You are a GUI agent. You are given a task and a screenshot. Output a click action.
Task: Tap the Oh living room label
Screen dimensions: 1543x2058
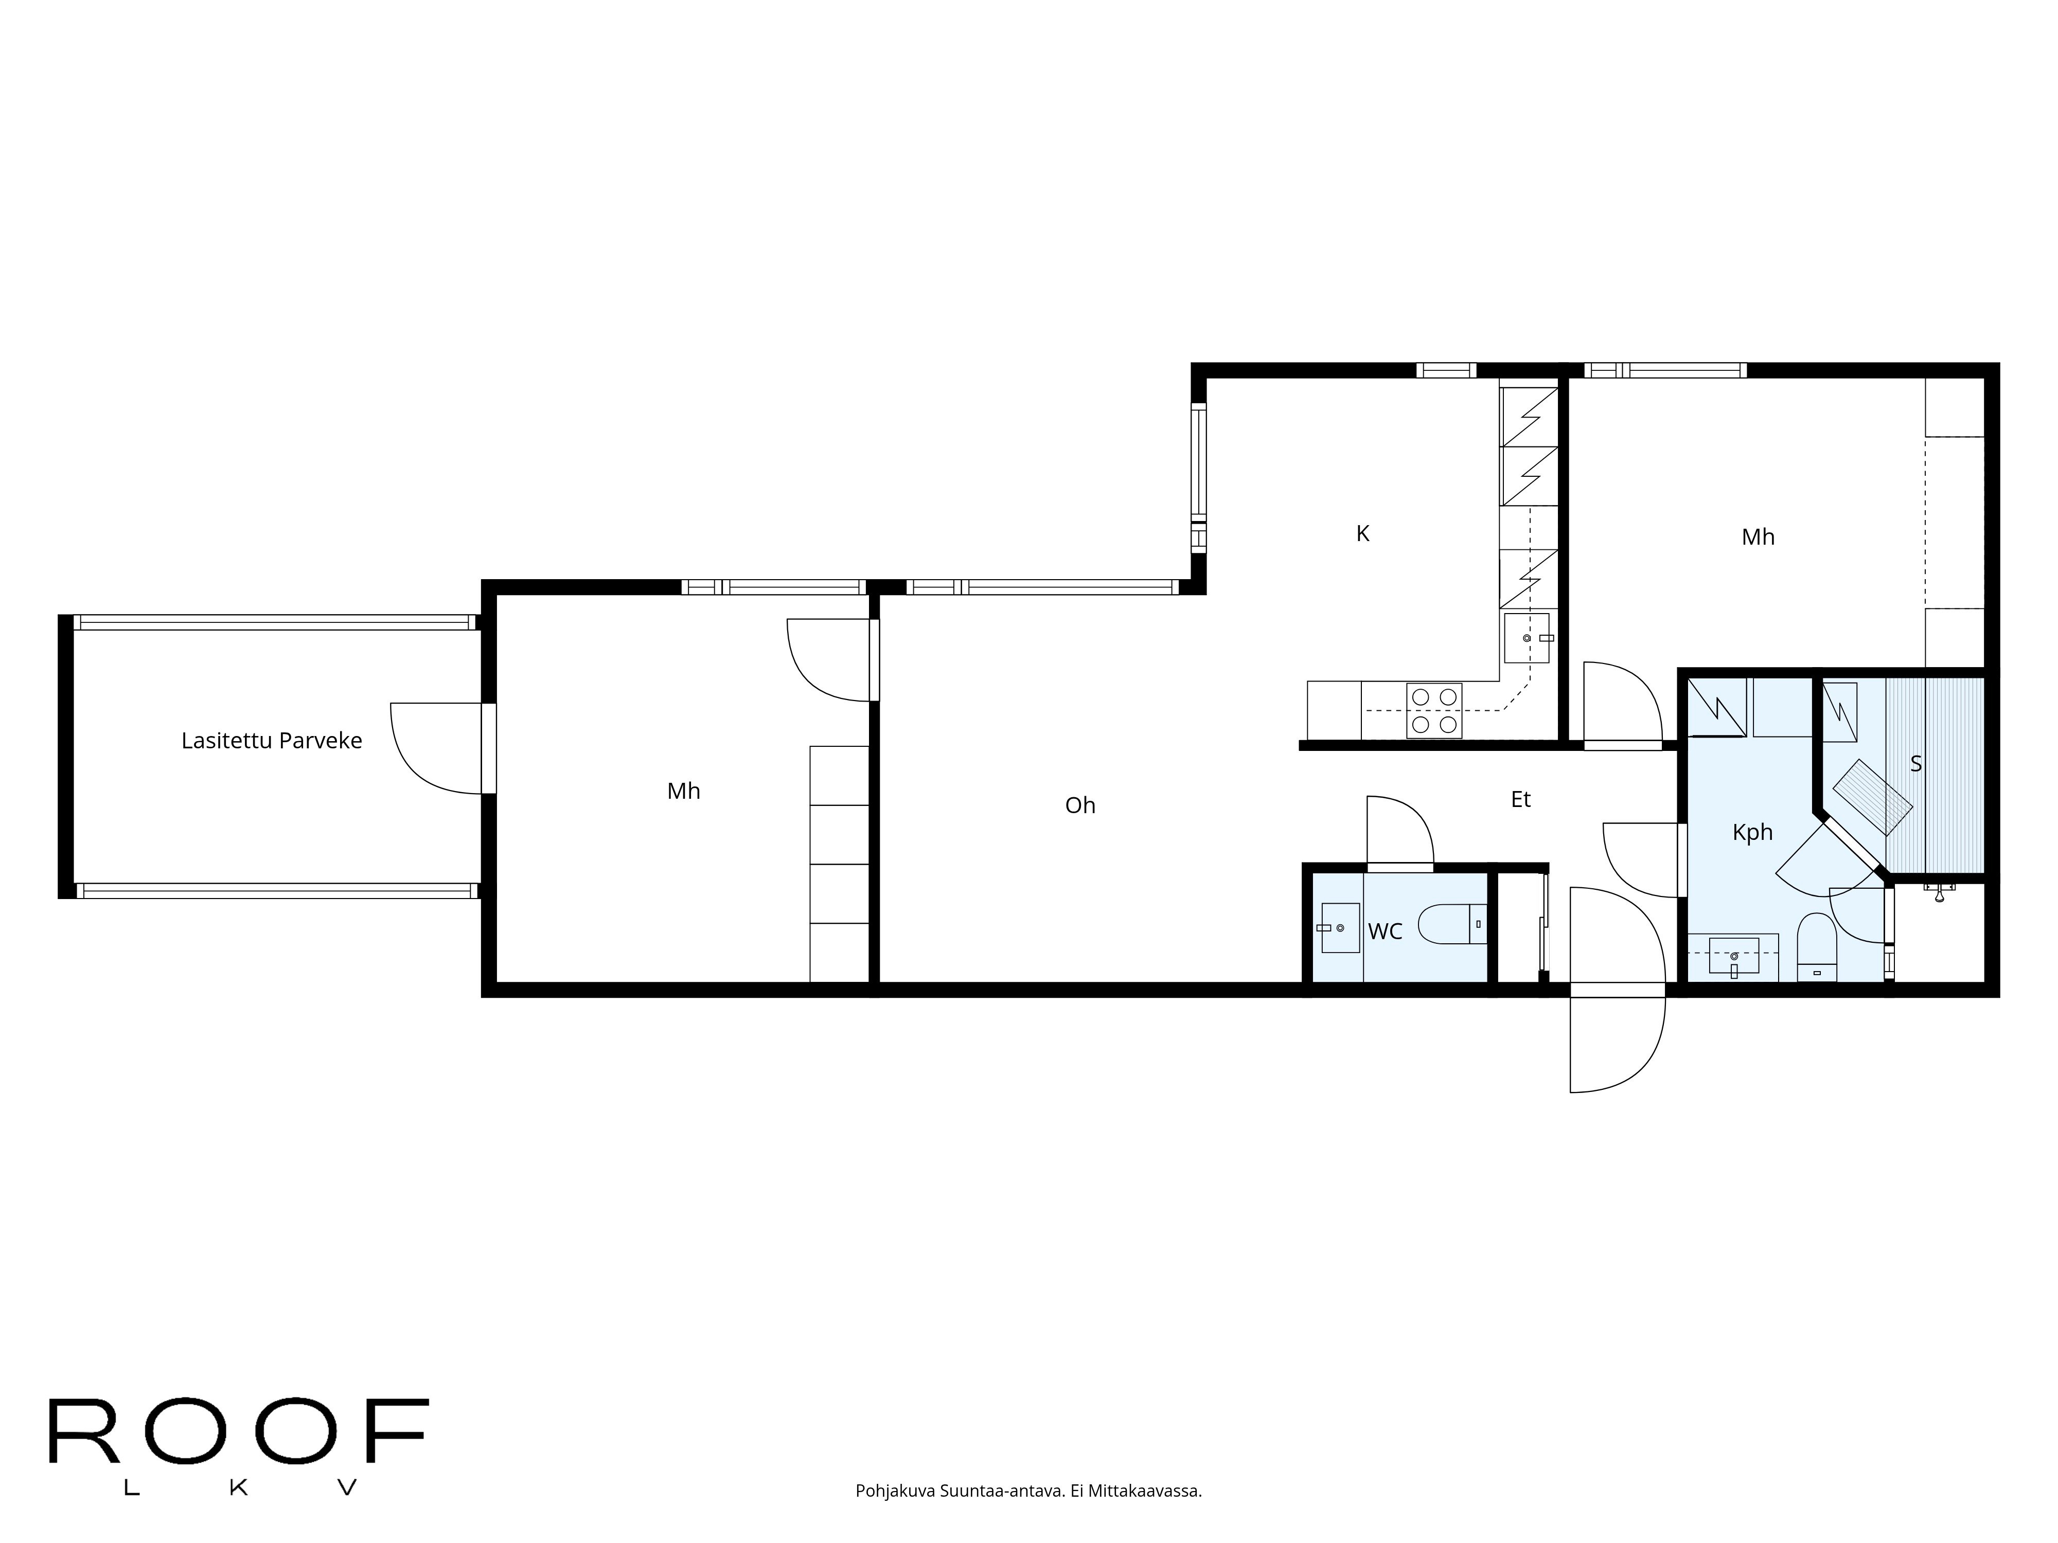coord(1079,805)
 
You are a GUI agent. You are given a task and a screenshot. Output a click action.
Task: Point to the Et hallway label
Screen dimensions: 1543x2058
coord(1520,800)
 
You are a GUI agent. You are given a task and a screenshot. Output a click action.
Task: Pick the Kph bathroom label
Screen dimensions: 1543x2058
coord(1752,833)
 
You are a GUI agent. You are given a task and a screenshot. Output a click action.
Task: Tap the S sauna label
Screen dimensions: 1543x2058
coord(1915,764)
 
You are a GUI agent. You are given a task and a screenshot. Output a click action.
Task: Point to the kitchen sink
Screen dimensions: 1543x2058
coord(1526,638)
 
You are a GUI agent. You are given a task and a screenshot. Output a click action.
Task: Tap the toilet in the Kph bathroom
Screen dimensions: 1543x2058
coord(1815,947)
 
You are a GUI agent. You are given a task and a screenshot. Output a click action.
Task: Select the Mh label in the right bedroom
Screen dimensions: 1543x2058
coord(1758,537)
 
